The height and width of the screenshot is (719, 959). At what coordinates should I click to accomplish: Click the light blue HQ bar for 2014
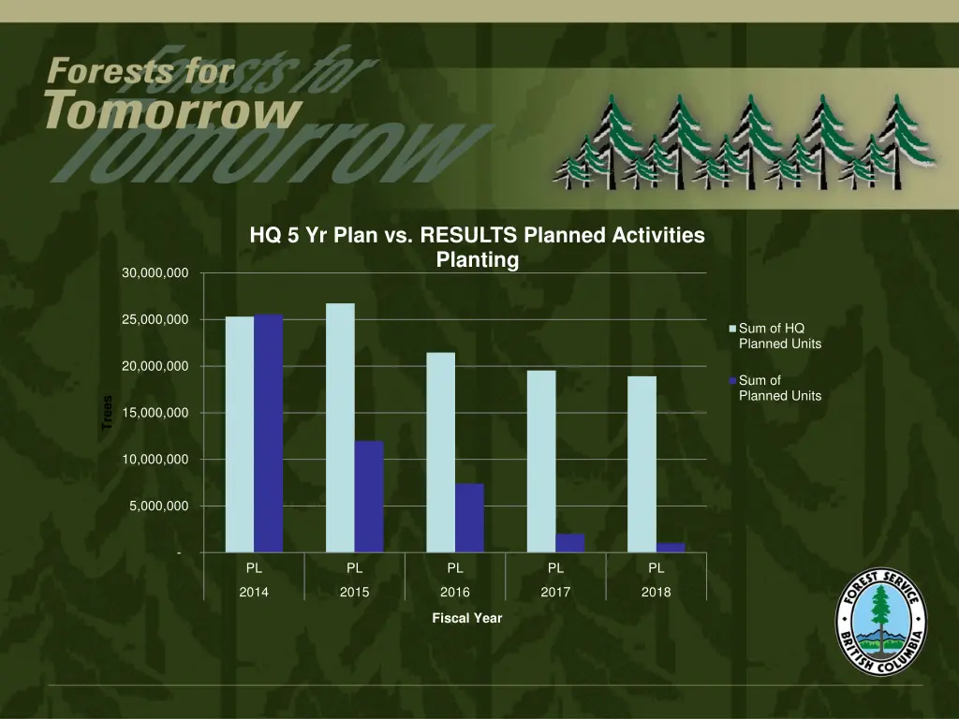(x=240, y=434)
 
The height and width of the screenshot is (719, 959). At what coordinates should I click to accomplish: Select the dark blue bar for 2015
(x=369, y=496)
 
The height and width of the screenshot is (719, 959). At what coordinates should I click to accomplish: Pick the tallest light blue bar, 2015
(x=340, y=428)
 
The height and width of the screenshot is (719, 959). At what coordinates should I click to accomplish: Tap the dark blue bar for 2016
(x=469, y=518)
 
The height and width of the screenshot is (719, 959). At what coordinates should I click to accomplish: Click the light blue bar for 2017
(x=541, y=462)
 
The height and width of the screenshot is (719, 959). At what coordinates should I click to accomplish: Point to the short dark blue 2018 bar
(x=671, y=548)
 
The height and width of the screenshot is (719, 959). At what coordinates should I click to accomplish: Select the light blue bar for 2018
(x=642, y=464)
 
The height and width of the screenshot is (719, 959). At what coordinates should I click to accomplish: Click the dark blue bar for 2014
(x=268, y=433)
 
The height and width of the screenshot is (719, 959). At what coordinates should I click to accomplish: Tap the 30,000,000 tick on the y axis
(x=155, y=273)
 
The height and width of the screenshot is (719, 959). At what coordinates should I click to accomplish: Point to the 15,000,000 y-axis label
(x=155, y=413)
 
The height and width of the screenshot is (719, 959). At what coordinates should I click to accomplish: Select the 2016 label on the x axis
(x=455, y=593)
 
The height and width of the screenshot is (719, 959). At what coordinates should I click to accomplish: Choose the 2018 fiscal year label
(x=657, y=593)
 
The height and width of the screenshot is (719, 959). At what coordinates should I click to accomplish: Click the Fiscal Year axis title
(x=466, y=618)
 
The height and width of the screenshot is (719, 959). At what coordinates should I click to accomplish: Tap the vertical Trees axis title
(x=107, y=413)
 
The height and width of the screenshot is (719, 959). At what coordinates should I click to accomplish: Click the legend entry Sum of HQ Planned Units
(x=779, y=336)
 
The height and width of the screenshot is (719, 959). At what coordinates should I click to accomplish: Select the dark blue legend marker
(x=733, y=381)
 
